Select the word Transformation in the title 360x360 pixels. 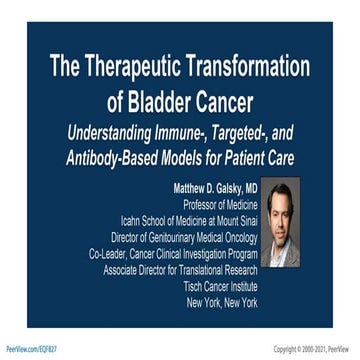[267, 73]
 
